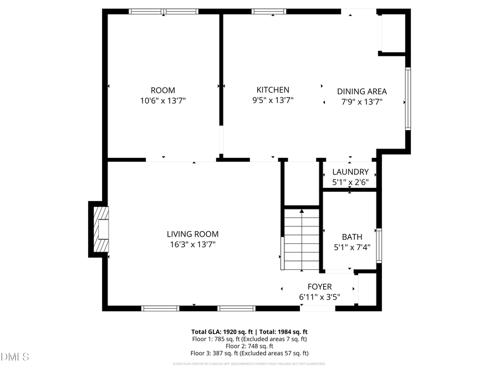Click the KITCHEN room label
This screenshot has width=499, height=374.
click(x=272, y=90)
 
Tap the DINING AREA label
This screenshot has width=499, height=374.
click(x=361, y=91)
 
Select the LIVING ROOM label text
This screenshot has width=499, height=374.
click(x=192, y=234)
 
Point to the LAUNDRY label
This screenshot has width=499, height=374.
click(x=350, y=172)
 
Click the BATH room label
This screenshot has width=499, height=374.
click(x=352, y=237)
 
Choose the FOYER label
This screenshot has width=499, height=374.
click(x=319, y=286)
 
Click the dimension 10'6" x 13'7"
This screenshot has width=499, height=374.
click(x=162, y=101)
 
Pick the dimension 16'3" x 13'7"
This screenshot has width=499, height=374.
click(x=192, y=244)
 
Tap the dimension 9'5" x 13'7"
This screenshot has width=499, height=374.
click(x=272, y=100)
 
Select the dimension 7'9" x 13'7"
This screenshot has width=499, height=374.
click(x=361, y=102)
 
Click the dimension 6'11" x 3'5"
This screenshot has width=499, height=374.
click(x=319, y=297)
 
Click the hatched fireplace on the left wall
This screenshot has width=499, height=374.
click(x=100, y=229)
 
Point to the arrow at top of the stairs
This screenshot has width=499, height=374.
click(x=302, y=211)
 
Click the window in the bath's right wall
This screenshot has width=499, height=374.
click(x=379, y=244)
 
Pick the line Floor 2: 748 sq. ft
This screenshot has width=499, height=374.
click(x=249, y=346)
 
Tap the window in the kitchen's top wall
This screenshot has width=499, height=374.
click(x=269, y=11)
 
